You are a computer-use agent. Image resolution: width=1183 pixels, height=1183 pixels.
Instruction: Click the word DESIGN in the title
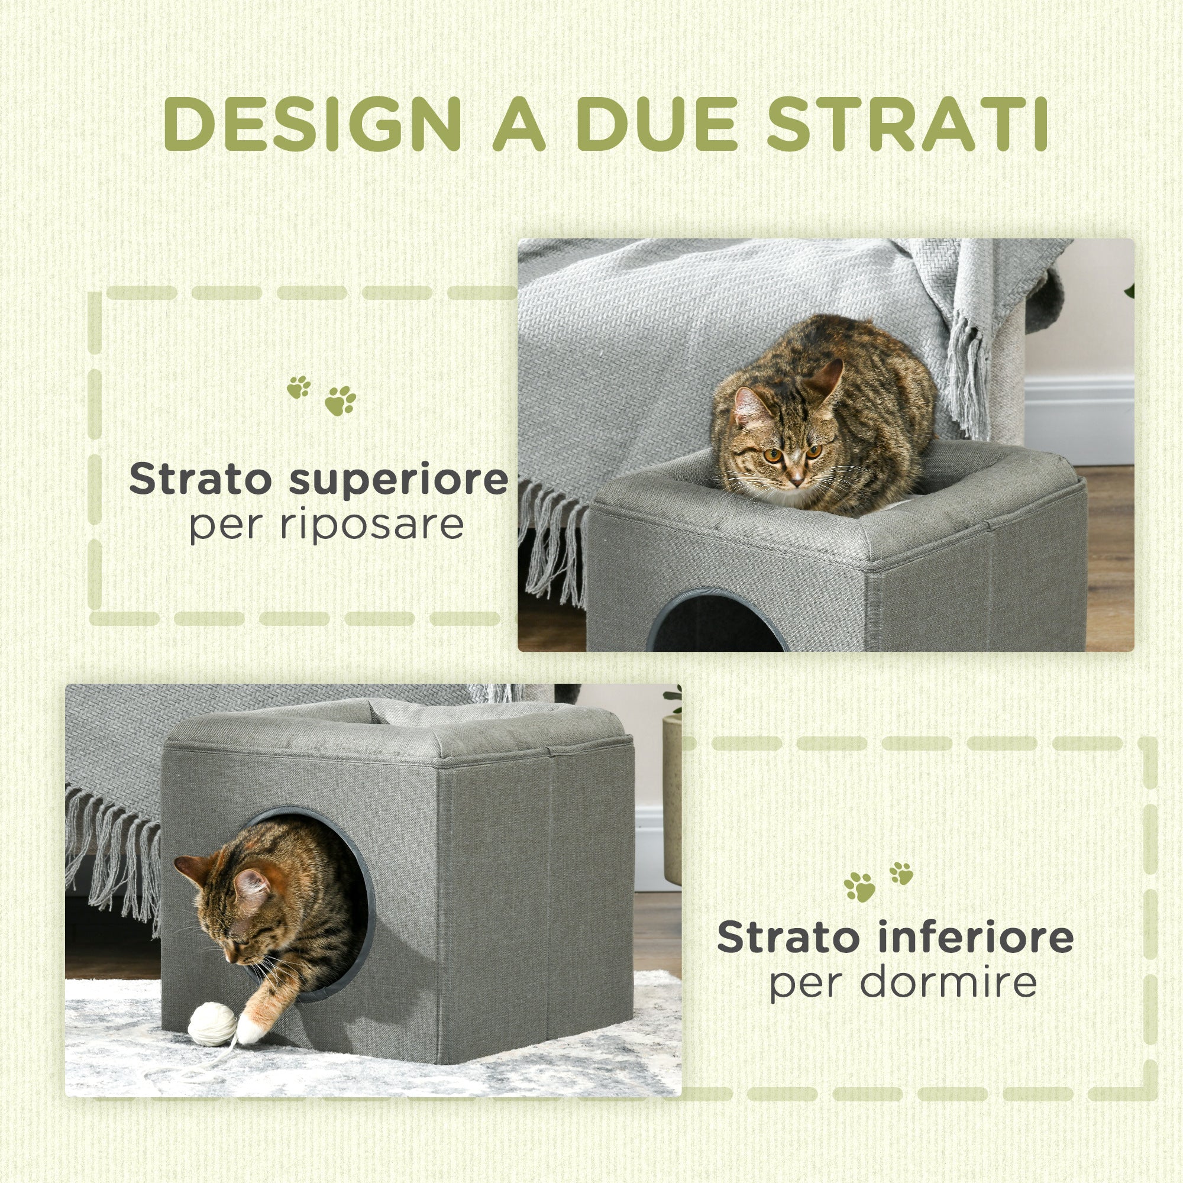(x=312, y=124)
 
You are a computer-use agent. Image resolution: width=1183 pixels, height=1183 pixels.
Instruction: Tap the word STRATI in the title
(x=906, y=124)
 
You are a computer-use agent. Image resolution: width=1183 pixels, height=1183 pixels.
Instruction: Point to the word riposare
(x=371, y=525)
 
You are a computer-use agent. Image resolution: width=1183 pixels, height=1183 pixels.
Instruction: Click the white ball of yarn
(x=212, y=1024)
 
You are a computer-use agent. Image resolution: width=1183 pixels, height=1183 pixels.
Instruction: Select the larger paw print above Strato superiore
(x=340, y=400)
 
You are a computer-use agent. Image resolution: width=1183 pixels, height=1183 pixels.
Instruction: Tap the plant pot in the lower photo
(x=672, y=796)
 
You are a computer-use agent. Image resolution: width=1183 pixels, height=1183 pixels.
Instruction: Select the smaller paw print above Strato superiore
(x=299, y=387)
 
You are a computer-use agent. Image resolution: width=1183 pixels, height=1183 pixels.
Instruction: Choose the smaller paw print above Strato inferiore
(x=901, y=872)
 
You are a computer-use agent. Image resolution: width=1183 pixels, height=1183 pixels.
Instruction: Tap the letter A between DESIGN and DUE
(x=519, y=124)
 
